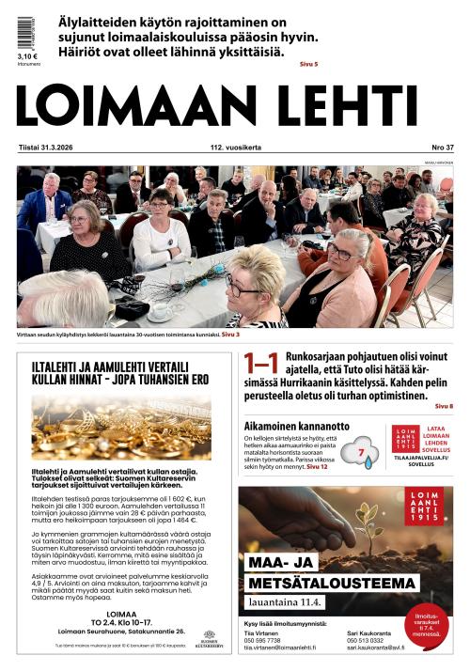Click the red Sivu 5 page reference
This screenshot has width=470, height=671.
(x=308, y=64)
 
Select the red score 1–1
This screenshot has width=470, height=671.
(x=260, y=365)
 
